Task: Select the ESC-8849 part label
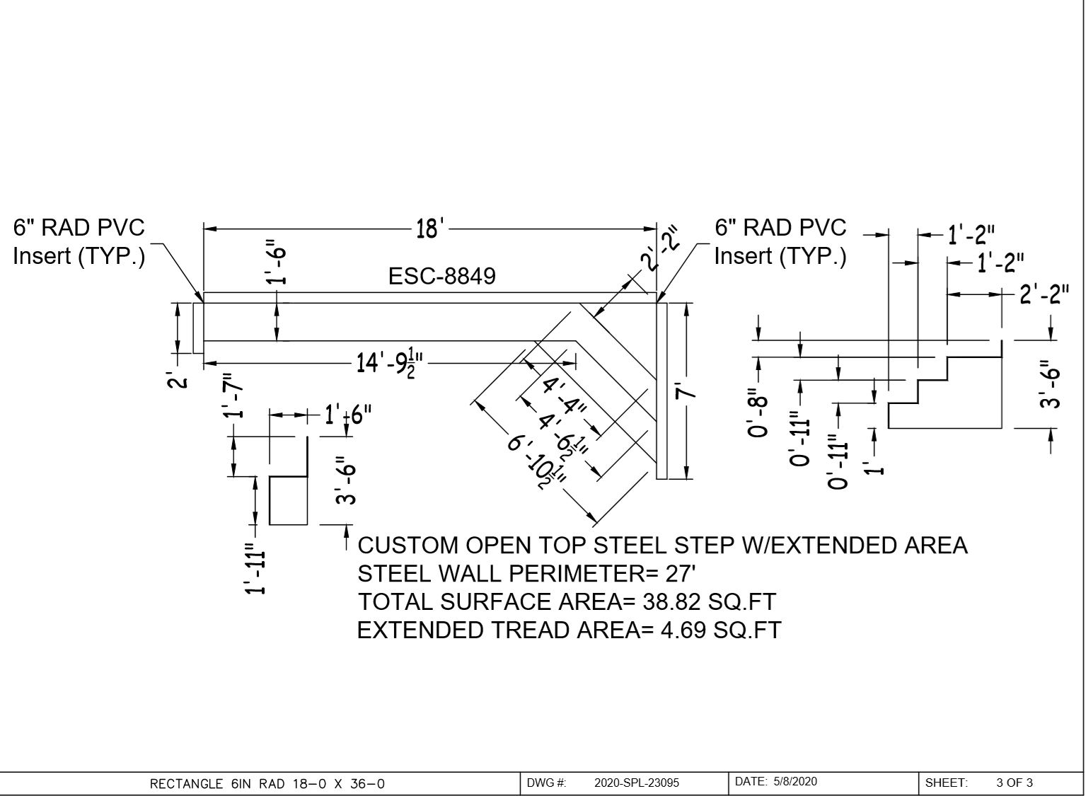[x=442, y=276]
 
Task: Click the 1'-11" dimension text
[x=257, y=569]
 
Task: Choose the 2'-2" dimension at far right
[x=1044, y=294]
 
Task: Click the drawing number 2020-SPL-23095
[x=636, y=783]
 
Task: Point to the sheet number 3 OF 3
[x=1014, y=783]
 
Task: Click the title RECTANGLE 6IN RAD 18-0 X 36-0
[x=267, y=783]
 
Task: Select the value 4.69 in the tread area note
[x=683, y=630]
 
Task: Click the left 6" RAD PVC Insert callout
[x=79, y=241]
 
